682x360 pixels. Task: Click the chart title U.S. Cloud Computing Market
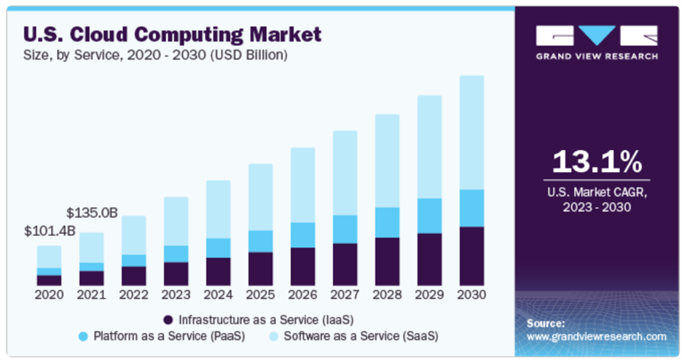coord(173,34)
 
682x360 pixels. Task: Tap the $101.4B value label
coord(50,232)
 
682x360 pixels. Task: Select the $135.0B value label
coord(92,213)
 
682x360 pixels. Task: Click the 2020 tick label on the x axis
coord(50,294)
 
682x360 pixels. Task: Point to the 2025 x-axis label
coord(260,294)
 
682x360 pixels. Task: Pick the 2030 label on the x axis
coord(471,294)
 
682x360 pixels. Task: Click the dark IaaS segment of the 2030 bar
coord(471,256)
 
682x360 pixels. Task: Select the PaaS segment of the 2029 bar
coord(429,216)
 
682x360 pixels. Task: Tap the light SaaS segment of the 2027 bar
coord(345,173)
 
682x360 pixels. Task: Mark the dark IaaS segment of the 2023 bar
coord(176,273)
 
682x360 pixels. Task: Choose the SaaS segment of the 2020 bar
coord(50,257)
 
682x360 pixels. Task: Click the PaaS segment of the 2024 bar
coord(218,248)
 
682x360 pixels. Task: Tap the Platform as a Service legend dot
coord(82,337)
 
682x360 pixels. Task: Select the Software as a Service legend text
coord(361,337)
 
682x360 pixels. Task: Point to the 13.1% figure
coord(596,161)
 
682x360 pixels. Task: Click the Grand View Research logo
coord(597,42)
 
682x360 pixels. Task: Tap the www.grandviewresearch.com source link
coord(596,337)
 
